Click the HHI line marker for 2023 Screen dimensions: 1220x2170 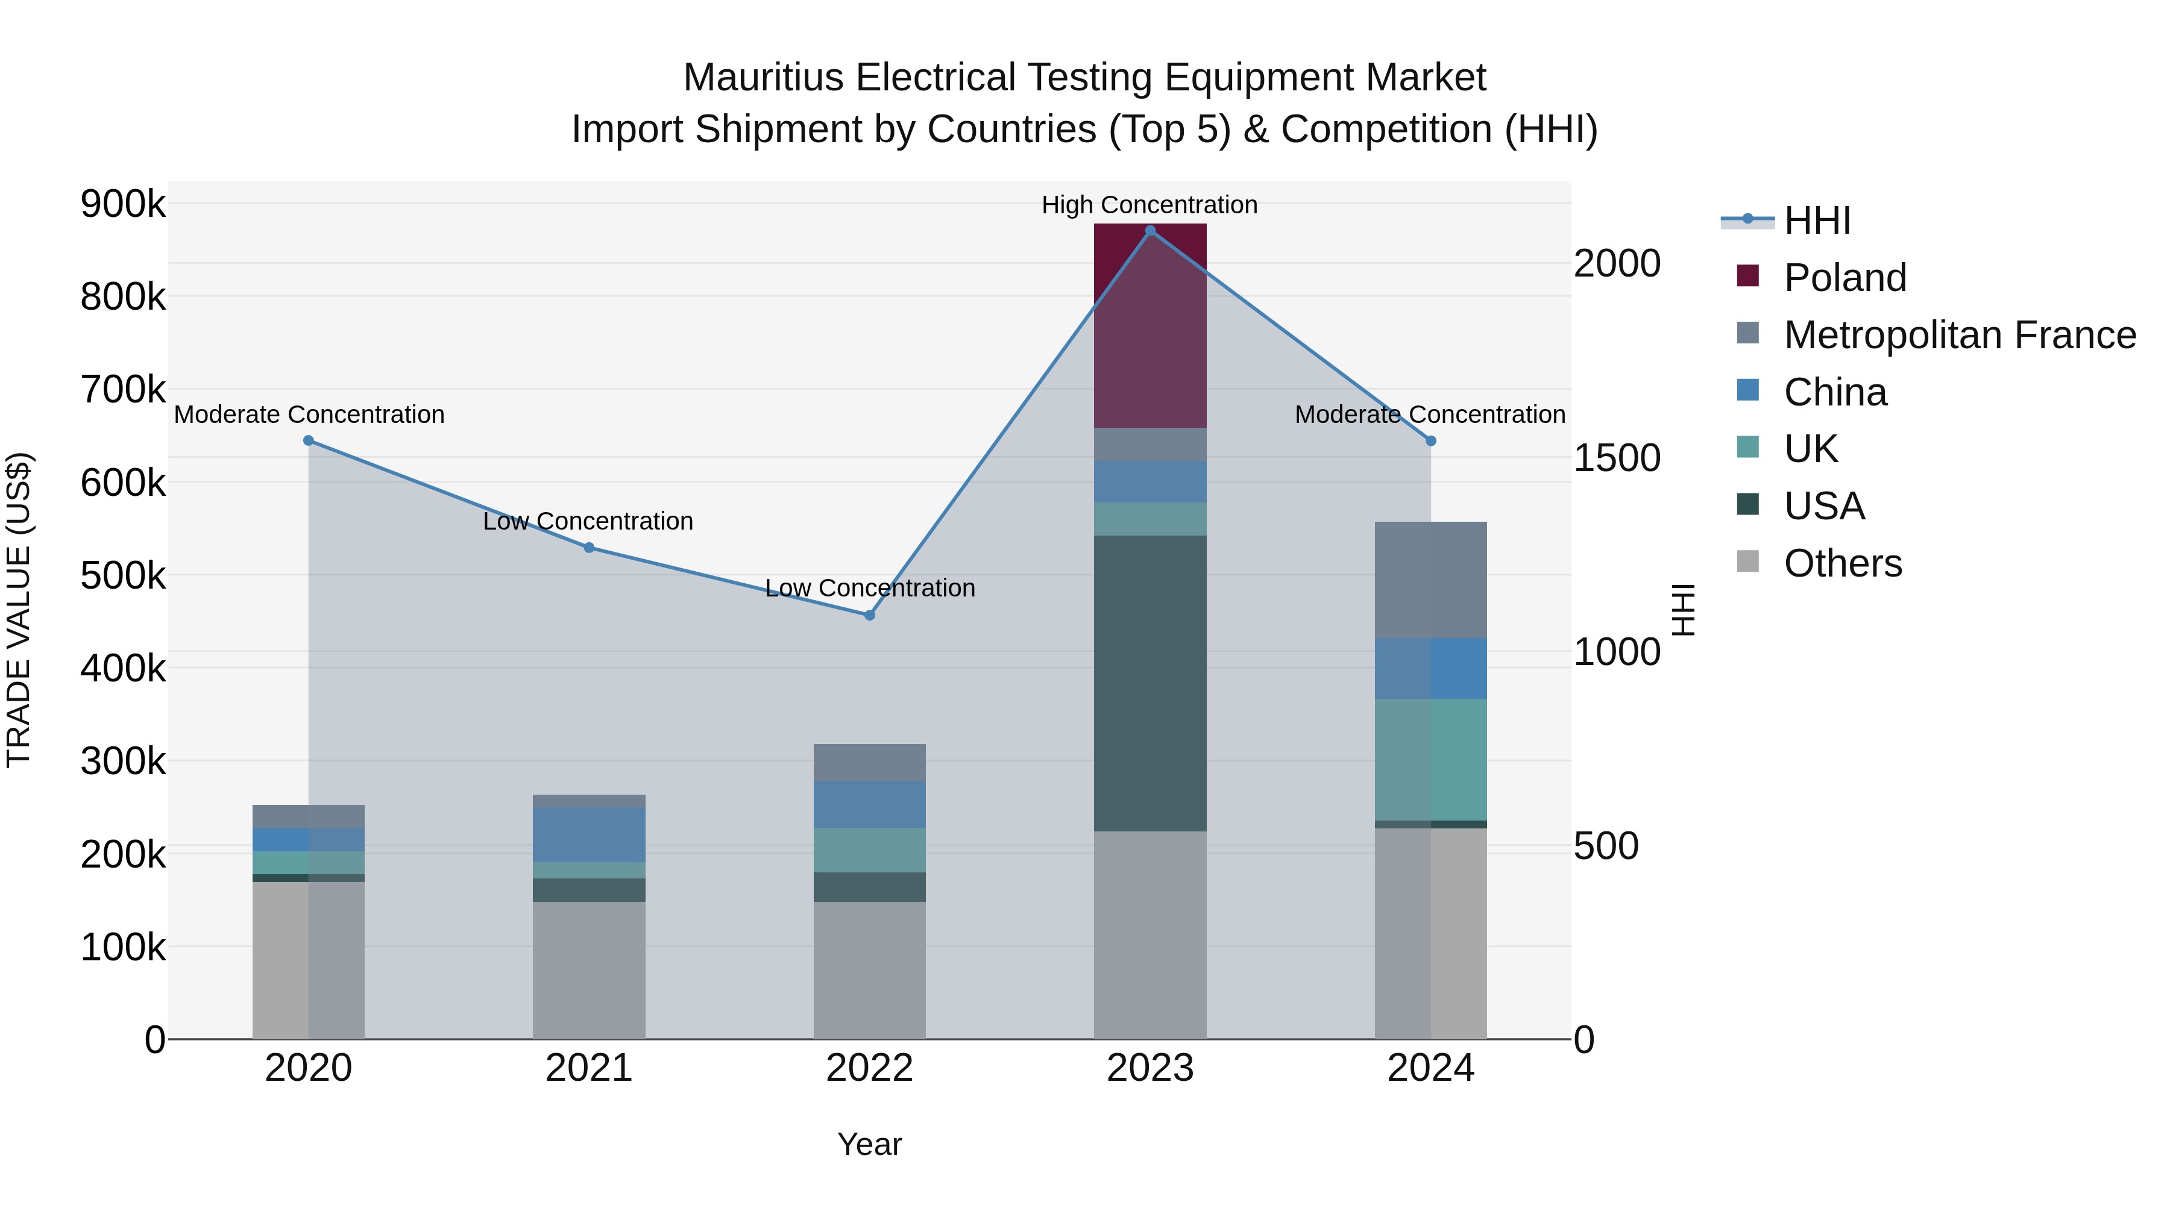[x=1150, y=231]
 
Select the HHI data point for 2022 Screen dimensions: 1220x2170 [x=869, y=616]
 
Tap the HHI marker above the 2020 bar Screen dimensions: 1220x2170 [x=308, y=440]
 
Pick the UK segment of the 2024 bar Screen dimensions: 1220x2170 [x=1430, y=760]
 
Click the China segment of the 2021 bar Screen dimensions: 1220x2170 [x=589, y=834]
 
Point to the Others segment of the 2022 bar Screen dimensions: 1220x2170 [x=869, y=970]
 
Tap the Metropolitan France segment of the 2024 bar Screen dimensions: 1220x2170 [x=1430, y=580]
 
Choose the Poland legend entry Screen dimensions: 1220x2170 [x=1845, y=278]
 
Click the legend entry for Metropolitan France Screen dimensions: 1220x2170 [x=1960, y=335]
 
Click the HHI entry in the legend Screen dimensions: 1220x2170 [x=1817, y=221]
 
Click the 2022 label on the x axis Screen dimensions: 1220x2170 [x=869, y=1068]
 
